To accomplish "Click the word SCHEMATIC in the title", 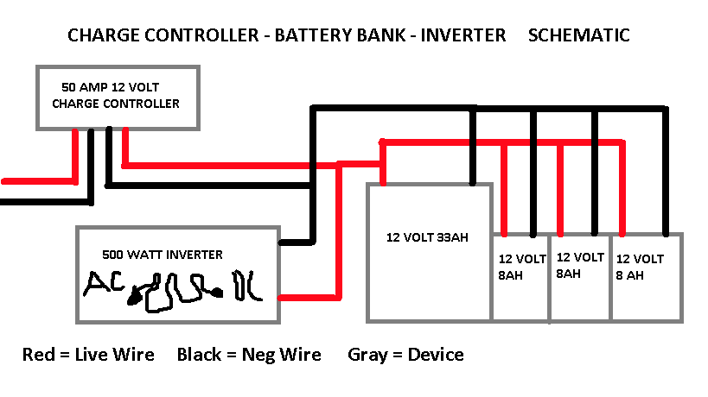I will click(577, 35).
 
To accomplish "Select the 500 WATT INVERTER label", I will click(162, 255).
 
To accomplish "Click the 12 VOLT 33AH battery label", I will click(427, 237).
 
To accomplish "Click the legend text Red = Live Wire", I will click(88, 355).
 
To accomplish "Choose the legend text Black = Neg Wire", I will click(249, 355).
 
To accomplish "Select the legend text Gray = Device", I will click(405, 355).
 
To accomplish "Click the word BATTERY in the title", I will click(324, 35).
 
